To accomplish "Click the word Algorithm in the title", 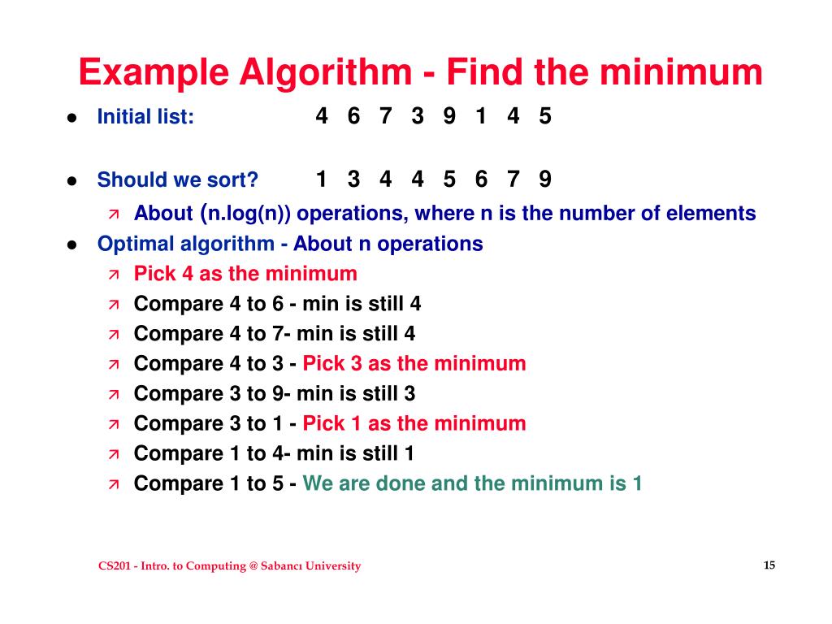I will (324, 73).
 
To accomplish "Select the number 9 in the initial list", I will (449, 116).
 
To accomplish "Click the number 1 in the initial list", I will (481, 116).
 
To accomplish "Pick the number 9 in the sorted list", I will (544, 179).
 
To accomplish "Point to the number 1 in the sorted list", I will (322, 179).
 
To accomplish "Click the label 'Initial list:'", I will (145, 117).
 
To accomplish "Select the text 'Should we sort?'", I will (177, 180).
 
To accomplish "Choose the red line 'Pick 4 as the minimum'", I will (245, 274).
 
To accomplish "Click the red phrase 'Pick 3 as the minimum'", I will (414, 363).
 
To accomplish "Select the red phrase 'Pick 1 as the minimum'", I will (414, 423).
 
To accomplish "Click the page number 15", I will (769, 565).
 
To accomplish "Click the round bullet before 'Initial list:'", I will (71, 118).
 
